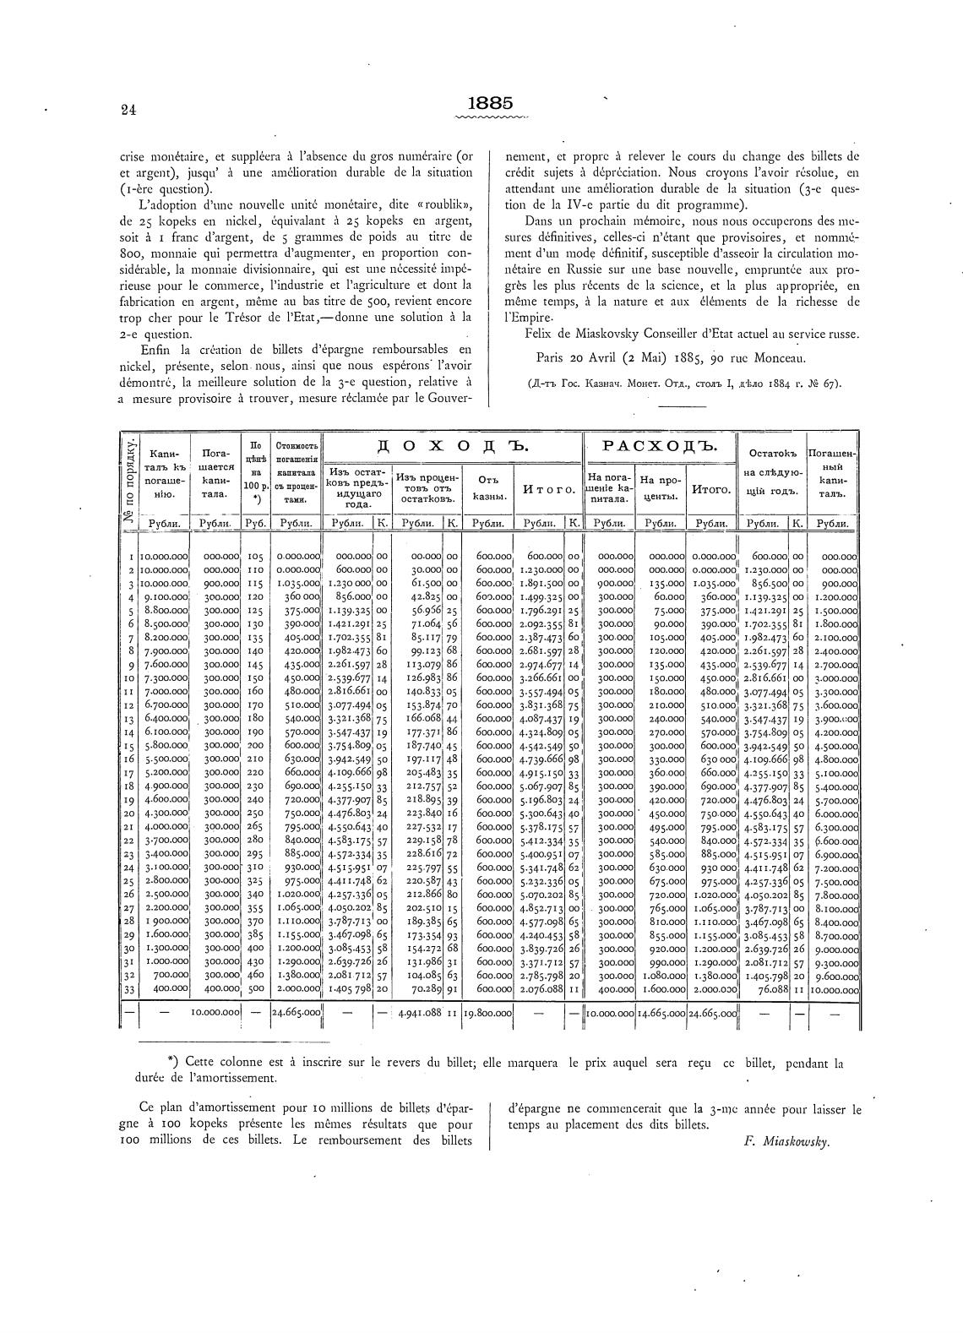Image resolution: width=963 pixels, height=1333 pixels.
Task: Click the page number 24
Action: (x=128, y=109)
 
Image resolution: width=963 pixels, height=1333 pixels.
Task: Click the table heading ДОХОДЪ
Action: (x=452, y=445)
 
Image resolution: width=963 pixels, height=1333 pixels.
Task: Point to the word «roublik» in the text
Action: (x=440, y=205)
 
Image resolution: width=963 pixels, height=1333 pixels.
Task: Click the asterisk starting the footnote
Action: (x=172, y=1064)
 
